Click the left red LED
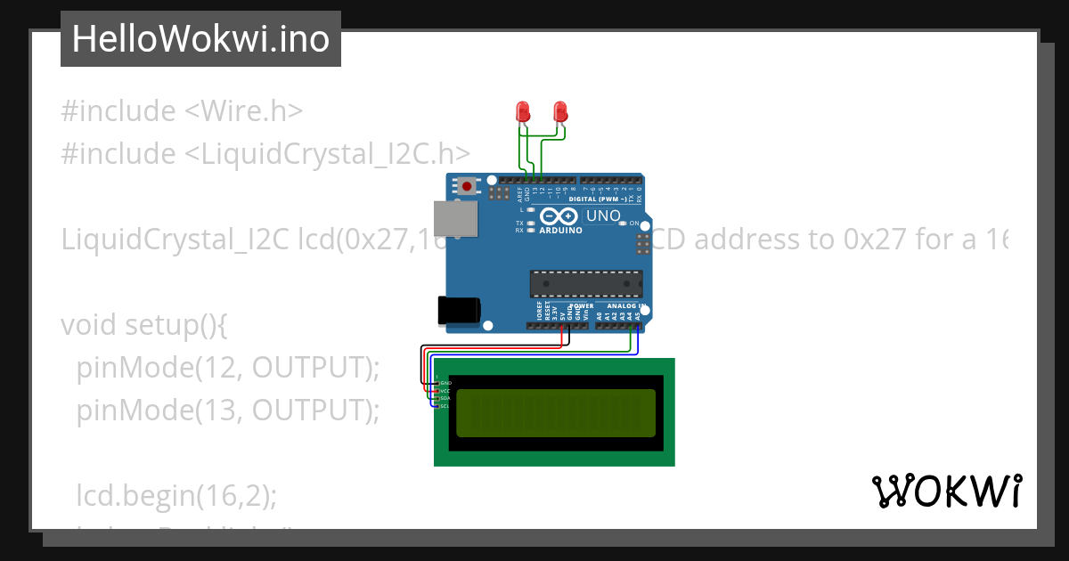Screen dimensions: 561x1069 [523, 111]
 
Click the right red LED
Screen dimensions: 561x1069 [560, 111]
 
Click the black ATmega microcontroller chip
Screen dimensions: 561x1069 [585, 283]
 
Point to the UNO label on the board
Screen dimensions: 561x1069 [603, 215]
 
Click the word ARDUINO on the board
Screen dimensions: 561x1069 [561, 230]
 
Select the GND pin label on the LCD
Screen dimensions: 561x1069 [445, 383]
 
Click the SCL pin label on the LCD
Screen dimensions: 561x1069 [445, 406]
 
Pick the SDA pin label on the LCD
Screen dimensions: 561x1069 [445, 398]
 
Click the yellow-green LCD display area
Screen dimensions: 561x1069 [556, 413]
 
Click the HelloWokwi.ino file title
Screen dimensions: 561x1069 [200, 39]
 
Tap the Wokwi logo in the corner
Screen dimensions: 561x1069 [946, 491]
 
